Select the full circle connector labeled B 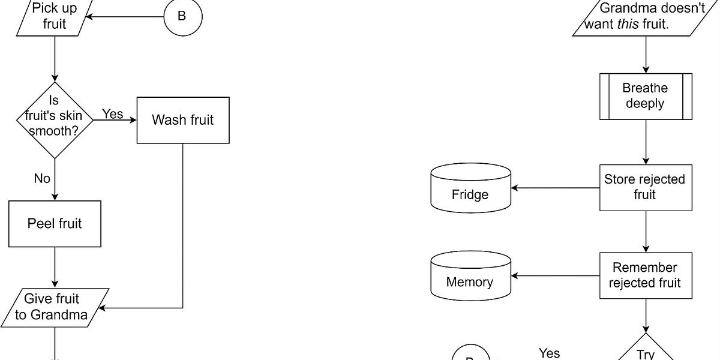point(182,17)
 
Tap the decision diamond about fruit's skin point(55,120)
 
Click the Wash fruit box point(183,120)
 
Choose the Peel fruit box point(55,224)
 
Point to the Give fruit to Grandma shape point(55,307)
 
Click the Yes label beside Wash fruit point(112,113)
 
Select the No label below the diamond point(42,179)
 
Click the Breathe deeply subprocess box point(645,96)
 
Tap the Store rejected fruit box point(645,187)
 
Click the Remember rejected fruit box point(645,275)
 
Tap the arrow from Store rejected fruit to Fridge point(555,188)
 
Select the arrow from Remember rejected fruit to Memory point(555,276)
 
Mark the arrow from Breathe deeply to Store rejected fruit point(646,142)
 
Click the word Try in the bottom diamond point(646,354)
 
